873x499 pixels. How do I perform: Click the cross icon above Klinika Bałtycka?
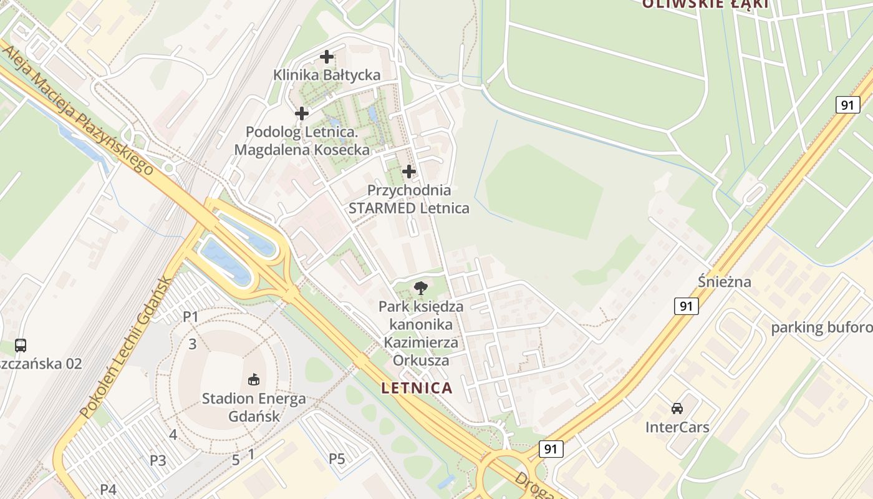pos(327,57)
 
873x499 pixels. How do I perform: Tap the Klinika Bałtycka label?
pos(327,75)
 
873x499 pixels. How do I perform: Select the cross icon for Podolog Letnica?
pos(302,114)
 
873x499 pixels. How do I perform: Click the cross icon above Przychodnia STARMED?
pos(409,171)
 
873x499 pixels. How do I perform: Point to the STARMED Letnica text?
pos(409,208)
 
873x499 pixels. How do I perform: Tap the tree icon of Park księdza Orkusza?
pos(421,288)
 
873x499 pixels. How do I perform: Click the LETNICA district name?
pos(417,388)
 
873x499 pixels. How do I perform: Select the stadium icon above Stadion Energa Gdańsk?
pos(254,379)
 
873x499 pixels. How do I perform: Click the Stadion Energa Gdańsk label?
pos(254,407)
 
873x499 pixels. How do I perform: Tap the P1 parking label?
pos(190,317)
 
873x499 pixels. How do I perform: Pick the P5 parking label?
pos(337,460)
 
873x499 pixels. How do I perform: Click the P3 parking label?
pos(158,461)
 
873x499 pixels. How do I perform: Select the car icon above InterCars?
pos(677,409)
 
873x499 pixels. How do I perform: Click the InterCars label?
pos(677,428)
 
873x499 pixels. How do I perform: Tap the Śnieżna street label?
pos(725,282)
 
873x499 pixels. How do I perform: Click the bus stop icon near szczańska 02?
pos(21,345)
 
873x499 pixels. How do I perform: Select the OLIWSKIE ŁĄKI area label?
pos(705,4)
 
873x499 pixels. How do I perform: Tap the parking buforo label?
pos(821,328)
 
